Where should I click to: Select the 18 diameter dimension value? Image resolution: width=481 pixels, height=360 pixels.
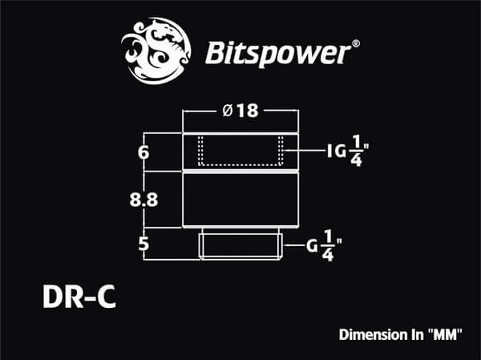(248, 112)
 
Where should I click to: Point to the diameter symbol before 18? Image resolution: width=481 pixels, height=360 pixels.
(228, 112)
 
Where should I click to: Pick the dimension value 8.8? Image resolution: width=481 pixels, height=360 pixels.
(143, 201)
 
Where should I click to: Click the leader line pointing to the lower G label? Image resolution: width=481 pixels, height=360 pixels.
(293, 245)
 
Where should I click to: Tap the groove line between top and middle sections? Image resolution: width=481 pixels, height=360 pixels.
(240, 172)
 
